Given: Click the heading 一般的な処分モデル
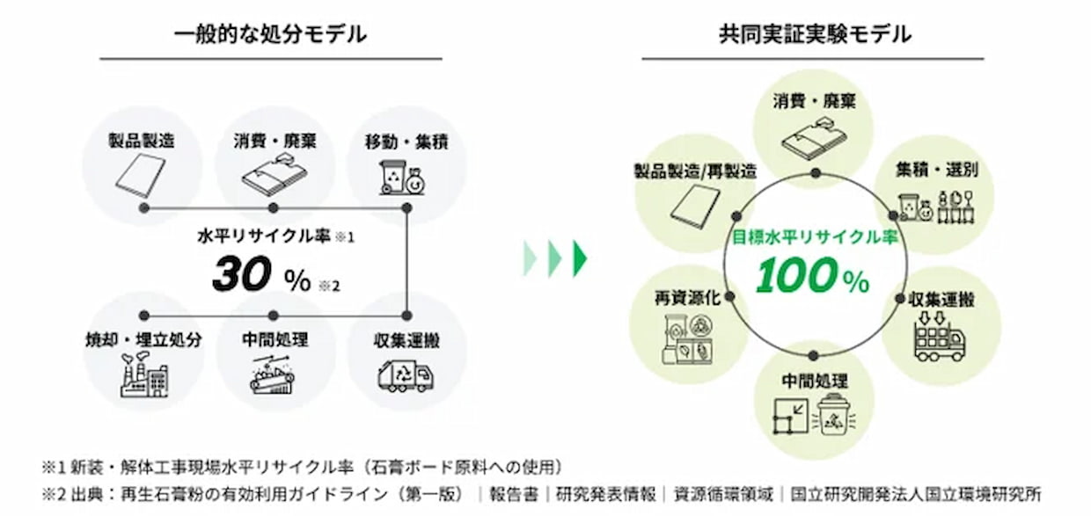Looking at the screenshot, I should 270,34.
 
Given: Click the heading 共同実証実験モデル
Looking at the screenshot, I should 814,34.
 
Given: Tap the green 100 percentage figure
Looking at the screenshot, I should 796,277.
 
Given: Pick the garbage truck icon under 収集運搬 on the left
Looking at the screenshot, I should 405,376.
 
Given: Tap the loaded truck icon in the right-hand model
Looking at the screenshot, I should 939,339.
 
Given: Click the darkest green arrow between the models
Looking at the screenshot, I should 580,258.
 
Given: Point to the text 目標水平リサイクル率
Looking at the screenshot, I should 814,238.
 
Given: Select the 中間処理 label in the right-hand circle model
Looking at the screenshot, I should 815,382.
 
